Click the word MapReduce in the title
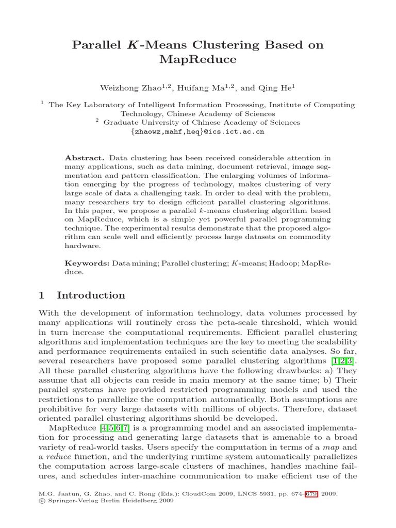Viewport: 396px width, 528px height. point(198,60)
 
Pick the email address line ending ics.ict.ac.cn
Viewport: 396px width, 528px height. point(198,132)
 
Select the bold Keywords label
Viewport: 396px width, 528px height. point(87,263)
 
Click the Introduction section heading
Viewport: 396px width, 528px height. point(91,295)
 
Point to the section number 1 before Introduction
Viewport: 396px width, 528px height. point(42,295)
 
